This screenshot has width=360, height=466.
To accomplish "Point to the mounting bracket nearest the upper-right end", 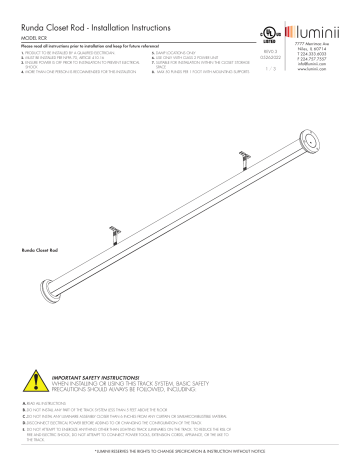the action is (243, 127).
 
